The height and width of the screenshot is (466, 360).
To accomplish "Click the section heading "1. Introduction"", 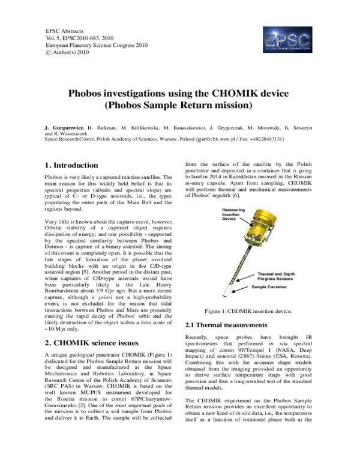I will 72,165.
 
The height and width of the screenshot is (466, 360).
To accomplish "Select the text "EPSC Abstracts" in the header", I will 65,31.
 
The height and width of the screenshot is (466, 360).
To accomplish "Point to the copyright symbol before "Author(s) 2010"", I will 49,53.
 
